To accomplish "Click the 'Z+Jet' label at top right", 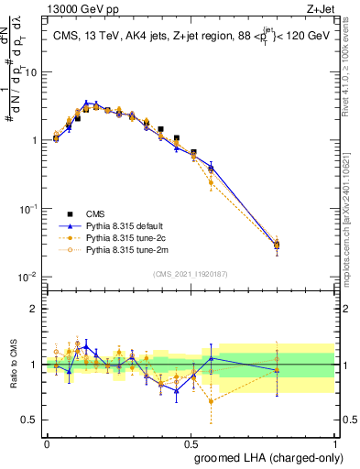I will pyautogui.click(x=322, y=8).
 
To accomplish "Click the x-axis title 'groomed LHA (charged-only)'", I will pyautogui.click(x=266, y=455).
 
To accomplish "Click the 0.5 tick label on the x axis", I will pyautogui.click(x=191, y=442).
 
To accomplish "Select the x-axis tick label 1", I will pyautogui.click(x=335, y=442).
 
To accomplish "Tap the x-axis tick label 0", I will pyautogui.click(x=47, y=442).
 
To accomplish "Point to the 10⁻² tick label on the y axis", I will pyautogui.click(x=30, y=278).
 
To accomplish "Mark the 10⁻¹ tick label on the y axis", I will pyautogui.click(x=30, y=209).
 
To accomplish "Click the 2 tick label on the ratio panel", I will pyautogui.click(x=36, y=309).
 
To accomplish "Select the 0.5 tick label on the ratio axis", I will pyautogui.click(x=32, y=420).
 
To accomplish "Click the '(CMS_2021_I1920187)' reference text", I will pyautogui.click(x=191, y=274).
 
